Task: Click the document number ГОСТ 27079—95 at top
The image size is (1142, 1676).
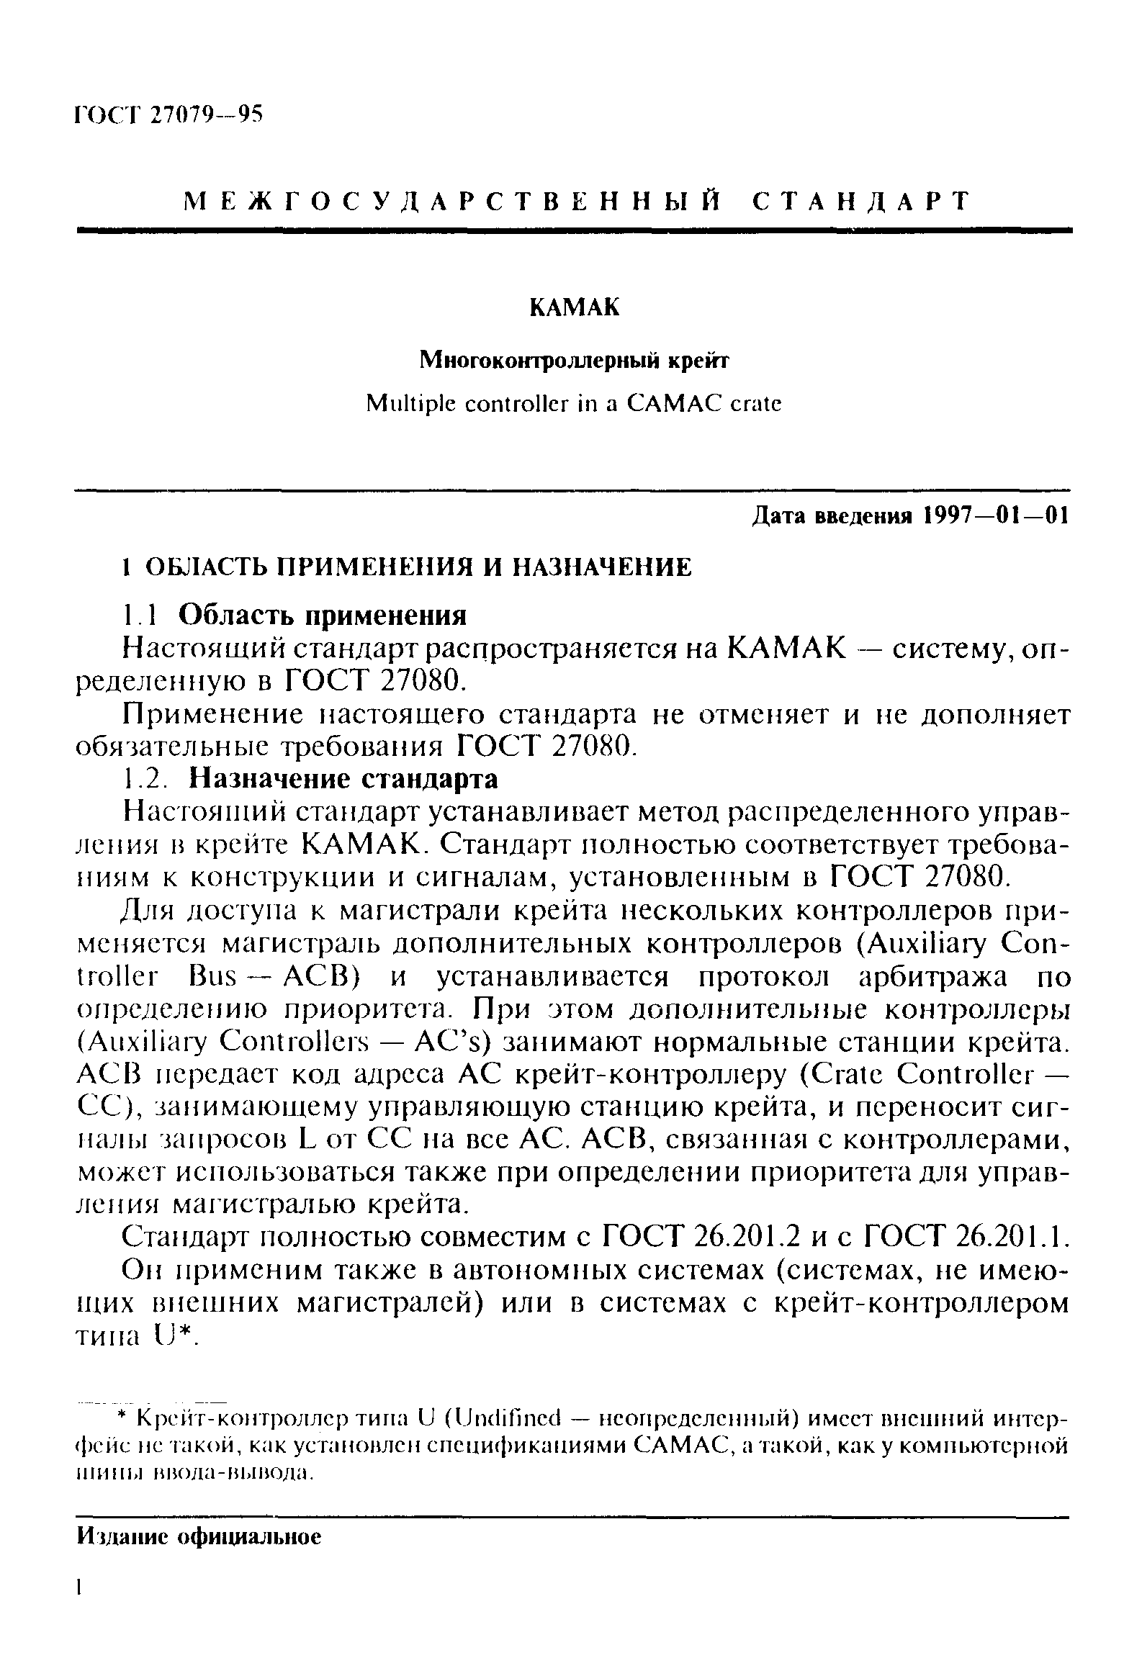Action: (x=168, y=114)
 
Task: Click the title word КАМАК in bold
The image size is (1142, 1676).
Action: (x=575, y=307)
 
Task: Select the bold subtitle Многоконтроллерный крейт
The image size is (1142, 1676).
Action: (x=575, y=360)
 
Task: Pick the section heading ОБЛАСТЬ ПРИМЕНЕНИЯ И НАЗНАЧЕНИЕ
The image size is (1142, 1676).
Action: (x=418, y=567)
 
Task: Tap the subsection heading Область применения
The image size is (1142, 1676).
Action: (x=323, y=614)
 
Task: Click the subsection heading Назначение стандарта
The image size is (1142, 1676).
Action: (x=343, y=780)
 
